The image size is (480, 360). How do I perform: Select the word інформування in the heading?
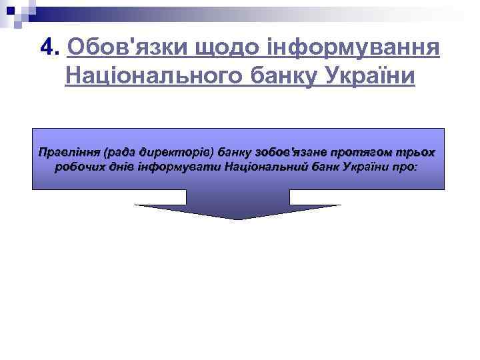tap(345, 48)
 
